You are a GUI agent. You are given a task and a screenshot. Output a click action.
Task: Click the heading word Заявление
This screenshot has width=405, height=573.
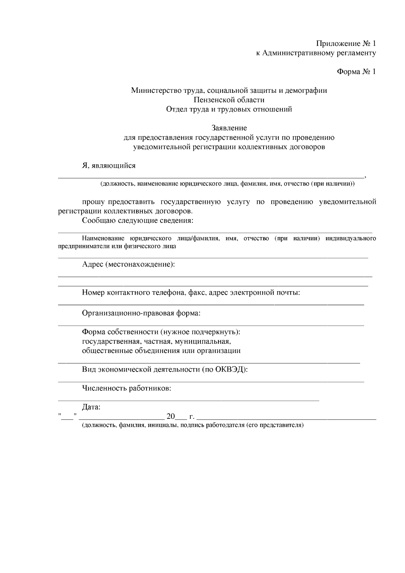tap(229, 128)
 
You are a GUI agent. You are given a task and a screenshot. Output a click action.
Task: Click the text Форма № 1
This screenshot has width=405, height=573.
tap(356, 72)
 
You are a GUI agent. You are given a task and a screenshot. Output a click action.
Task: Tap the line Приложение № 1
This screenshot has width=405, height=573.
tap(346, 44)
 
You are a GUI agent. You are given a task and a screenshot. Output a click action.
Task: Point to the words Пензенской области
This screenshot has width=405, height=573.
tap(229, 100)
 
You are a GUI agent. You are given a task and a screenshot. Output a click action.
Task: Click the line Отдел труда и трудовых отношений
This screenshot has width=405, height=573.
tap(229, 109)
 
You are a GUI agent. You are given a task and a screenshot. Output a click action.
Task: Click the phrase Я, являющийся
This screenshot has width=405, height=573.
tap(109, 166)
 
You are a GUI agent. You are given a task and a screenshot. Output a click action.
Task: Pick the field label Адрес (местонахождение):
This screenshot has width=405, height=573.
tap(129, 264)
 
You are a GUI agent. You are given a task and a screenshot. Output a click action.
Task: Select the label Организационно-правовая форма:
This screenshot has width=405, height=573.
tap(141, 313)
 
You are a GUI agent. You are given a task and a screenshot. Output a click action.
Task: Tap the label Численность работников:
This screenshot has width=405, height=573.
tap(127, 388)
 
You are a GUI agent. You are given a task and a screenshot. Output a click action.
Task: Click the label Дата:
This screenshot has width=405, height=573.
tap(91, 407)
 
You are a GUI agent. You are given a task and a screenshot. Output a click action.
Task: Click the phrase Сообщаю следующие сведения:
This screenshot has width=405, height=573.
tap(138, 221)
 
